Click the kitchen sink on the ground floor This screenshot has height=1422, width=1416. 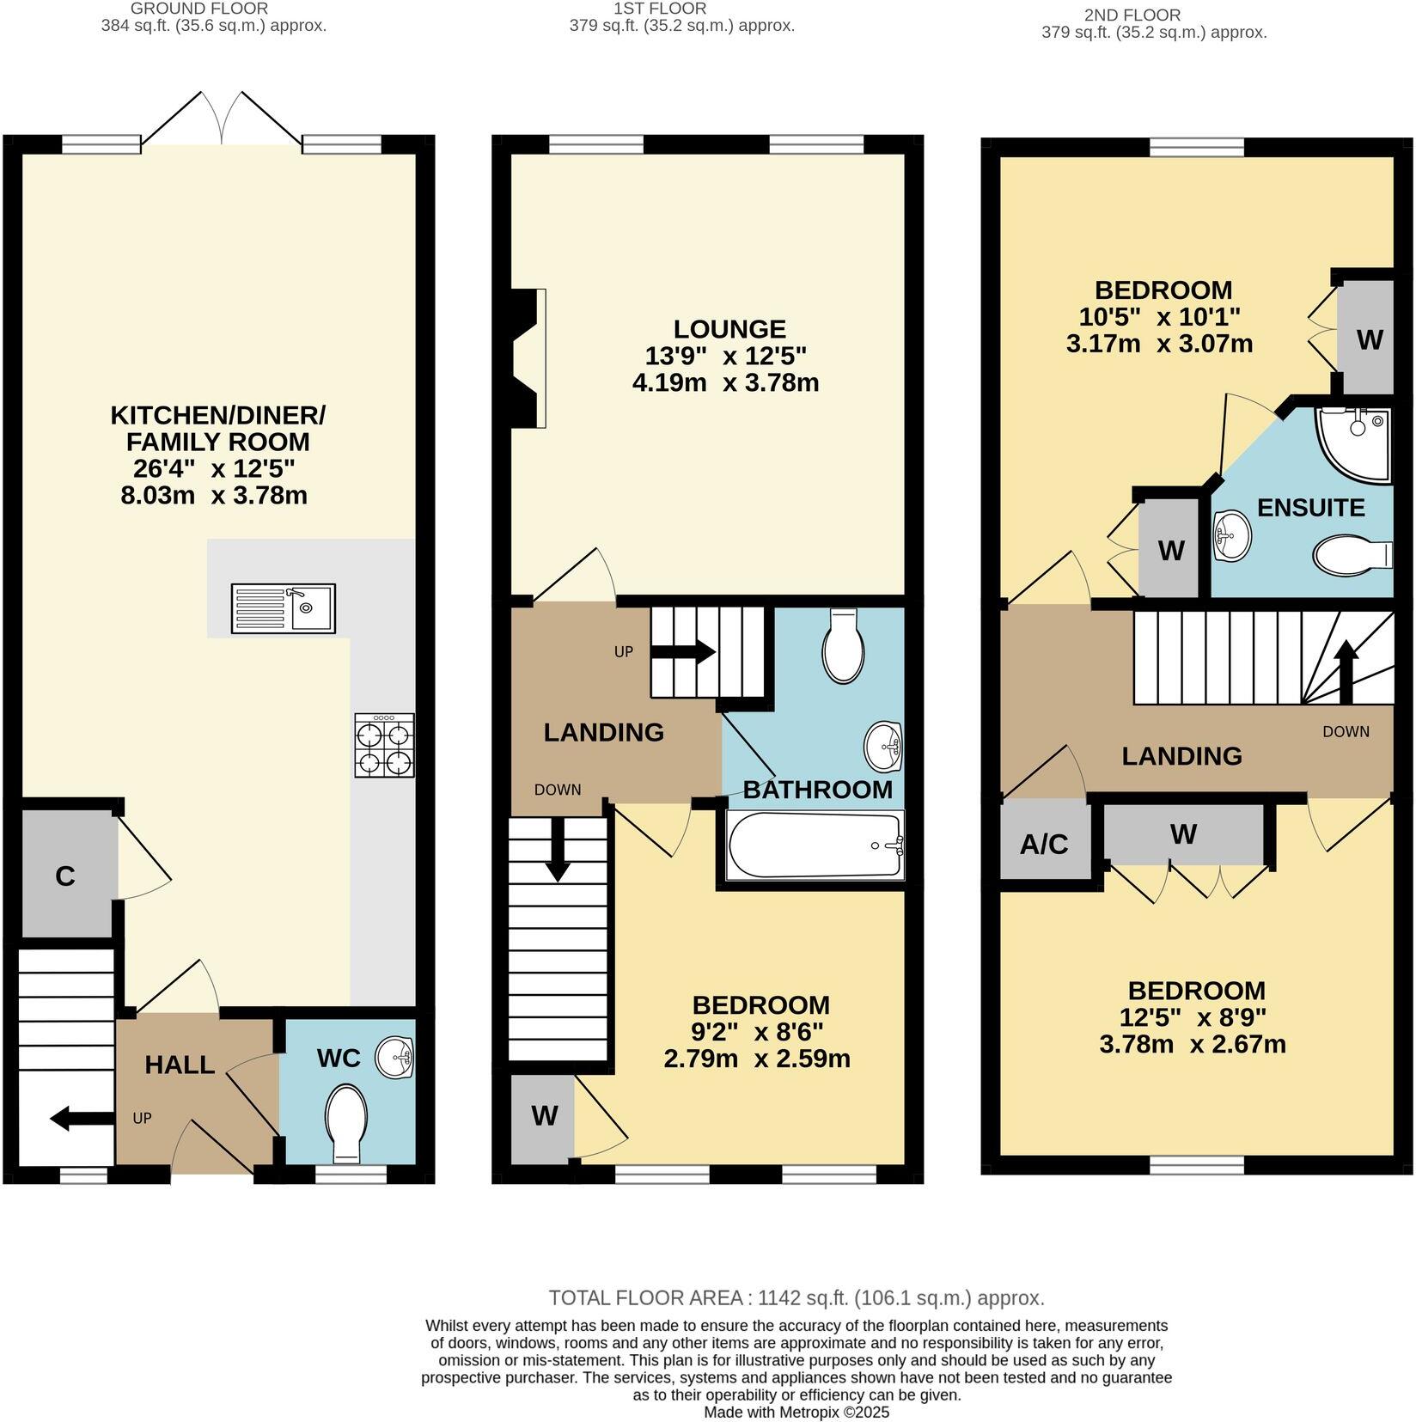point(283,609)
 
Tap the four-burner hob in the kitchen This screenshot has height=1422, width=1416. point(384,746)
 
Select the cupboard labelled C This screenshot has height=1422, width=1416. point(65,876)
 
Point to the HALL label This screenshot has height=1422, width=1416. point(180,1065)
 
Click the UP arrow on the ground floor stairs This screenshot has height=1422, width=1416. point(82,1119)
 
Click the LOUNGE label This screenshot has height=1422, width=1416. point(729,329)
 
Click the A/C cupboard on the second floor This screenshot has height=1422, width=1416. point(1044,844)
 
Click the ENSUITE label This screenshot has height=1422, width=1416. point(1310,508)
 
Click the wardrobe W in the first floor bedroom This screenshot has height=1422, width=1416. point(543,1116)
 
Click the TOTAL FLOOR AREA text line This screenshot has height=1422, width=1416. point(796,1297)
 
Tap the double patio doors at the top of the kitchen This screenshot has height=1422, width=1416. point(222,120)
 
